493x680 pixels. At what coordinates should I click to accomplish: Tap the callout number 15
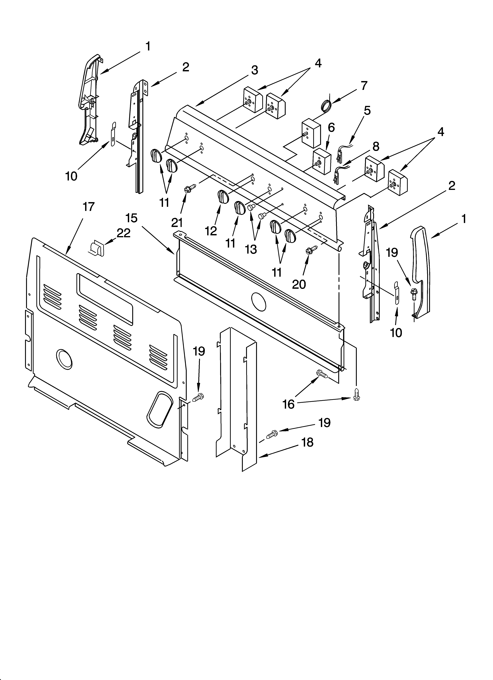[131, 218]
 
